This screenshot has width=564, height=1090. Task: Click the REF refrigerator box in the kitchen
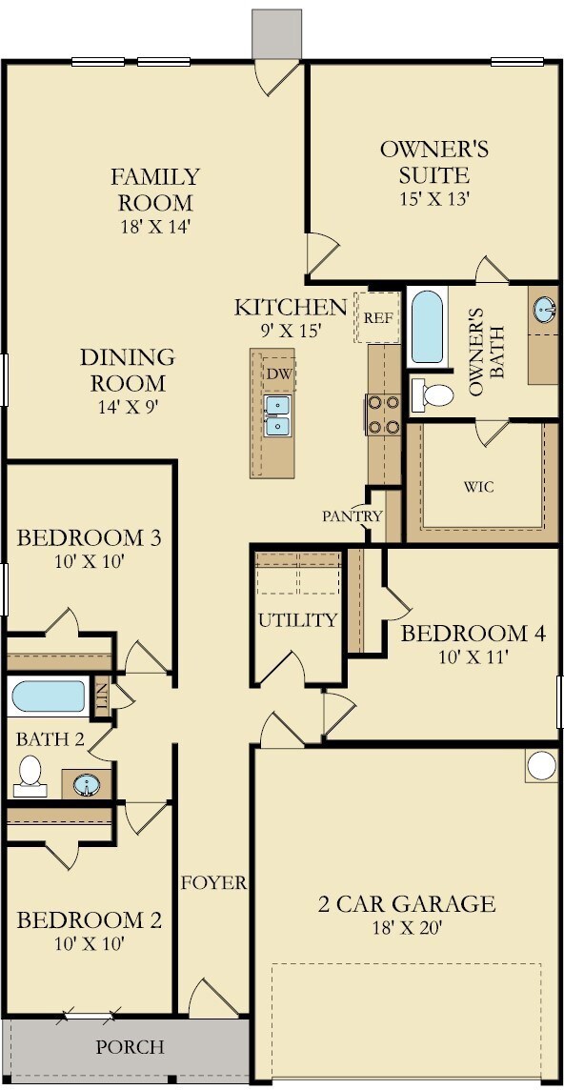377,317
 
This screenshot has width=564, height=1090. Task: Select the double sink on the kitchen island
277,415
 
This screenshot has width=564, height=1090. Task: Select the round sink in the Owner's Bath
545,309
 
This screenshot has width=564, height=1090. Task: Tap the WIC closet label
480,487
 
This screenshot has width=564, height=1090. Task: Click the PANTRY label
352,516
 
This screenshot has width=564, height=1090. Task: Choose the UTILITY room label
297,620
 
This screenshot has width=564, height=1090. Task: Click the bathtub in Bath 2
49,696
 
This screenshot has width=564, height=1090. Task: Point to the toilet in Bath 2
30,777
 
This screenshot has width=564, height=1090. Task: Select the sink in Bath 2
87,785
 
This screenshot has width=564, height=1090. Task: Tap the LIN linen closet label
102,696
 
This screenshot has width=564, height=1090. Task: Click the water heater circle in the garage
542,765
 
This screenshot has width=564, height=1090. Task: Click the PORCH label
131,1047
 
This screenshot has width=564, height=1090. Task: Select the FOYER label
214,883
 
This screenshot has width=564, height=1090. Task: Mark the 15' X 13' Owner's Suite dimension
434,199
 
